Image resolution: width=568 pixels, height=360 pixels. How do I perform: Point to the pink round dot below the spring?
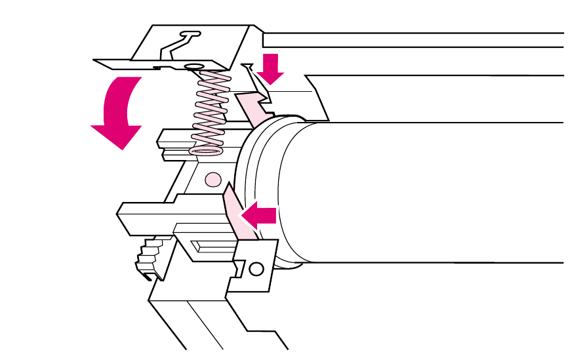pos(212,179)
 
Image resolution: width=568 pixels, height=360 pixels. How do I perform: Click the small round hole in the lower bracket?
pos(256,268)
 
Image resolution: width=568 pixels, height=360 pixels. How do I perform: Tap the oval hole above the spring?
pos(194,66)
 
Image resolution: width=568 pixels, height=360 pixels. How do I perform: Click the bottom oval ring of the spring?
pos(206,150)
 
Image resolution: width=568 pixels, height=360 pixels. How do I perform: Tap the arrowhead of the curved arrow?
pos(116,134)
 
